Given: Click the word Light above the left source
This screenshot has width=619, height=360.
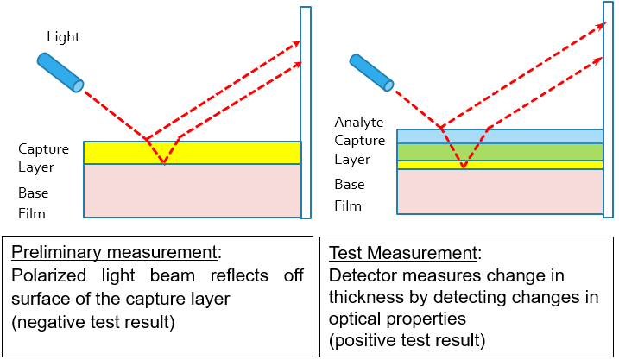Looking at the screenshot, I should pos(63,37).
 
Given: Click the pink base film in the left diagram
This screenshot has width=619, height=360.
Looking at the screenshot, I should pos(192,191).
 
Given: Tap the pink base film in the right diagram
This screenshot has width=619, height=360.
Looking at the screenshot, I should pos(500,192).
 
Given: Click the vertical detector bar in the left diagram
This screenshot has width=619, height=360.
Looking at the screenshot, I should pos(306,112).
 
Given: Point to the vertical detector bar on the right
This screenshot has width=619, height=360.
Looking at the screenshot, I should pos(609,112).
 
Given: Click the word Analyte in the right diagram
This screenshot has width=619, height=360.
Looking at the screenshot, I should pos(359,123).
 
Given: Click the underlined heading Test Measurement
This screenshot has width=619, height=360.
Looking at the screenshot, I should pos(402,254).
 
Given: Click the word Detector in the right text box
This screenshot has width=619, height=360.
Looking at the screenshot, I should pos(362,276).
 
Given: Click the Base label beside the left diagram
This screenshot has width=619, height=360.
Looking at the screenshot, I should pos(34,193).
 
